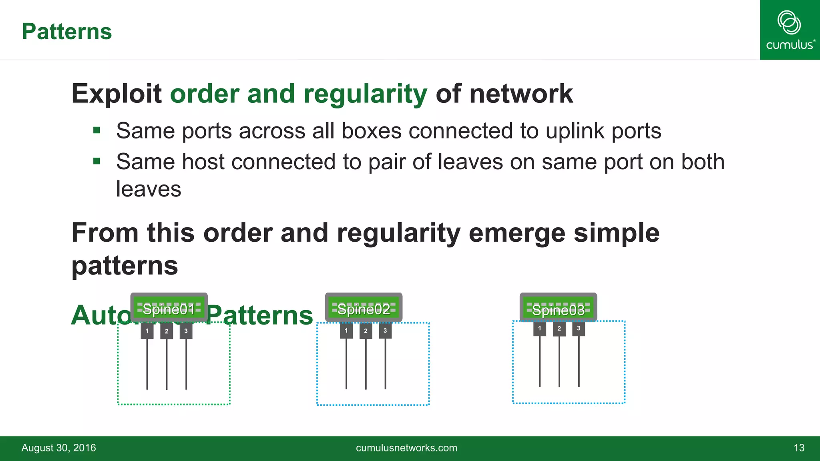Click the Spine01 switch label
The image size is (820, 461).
click(x=169, y=309)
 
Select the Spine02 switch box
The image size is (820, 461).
click(x=364, y=307)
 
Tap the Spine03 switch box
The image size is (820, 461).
click(x=558, y=307)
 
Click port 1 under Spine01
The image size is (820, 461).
click(x=147, y=331)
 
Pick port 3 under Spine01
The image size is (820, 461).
click(x=186, y=331)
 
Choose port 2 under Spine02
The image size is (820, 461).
click(x=366, y=331)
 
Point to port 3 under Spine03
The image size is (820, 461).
click(x=579, y=329)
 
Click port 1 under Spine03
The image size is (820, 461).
click(x=540, y=329)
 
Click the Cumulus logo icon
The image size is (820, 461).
click(x=789, y=23)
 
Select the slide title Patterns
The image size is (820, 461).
click(x=67, y=32)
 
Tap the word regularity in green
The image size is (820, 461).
click(x=365, y=94)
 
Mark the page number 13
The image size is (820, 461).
click(x=799, y=448)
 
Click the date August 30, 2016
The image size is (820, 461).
click(x=59, y=448)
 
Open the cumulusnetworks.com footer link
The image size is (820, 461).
click(x=406, y=448)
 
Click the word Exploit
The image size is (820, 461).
click(x=116, y=94)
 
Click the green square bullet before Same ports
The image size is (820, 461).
click(x=96, y=130)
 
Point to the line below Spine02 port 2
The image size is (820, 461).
click(x=366, y=364)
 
